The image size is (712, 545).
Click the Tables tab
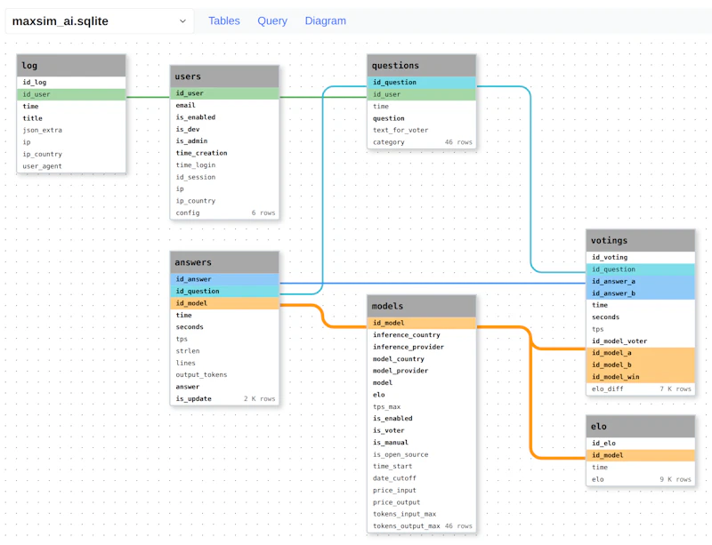pyautogui.click(x=224, y=20)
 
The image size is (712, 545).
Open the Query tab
pyautogui.click(x=272, y=20)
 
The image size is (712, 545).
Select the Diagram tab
pyautogui.click(x=325, y=20)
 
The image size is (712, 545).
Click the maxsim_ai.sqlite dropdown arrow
pyautogui.click(x=182, y=20)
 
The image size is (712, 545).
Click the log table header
pyautogui.click(x=71, y=65)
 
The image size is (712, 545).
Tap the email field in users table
pyautogui.click(x=186, y=105)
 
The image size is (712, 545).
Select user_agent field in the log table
pyautogui.click(x=42, y=166)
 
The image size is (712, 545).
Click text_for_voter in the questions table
pyautogui.click(x=400, y=130)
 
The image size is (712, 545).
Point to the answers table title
pyautogui.click(x=193, y=262)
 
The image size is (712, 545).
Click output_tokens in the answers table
pyautogui.click(x=201, y=375)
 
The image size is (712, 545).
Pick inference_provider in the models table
pyautogui.click(x=409, y=347)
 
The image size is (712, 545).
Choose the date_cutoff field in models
pyautogui.click(x=394, y=478)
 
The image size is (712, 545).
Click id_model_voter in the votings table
pyautogui.click(x=619, y=341)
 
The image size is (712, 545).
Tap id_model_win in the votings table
pyautogui.click(x=615, y=377)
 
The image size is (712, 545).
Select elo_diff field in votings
pyautogui.click(x=608, y=389)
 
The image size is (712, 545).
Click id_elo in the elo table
pyautogui.click(x=603, y=443)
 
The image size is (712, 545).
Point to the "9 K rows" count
pyautogui.click(x=676, y=479)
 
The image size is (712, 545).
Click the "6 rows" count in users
pyautogui.click(x=263, y=212)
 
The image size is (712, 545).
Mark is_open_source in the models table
pyautogui.click(x=400, y=454)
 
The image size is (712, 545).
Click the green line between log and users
pyautogui.click(x=148, y=97)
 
